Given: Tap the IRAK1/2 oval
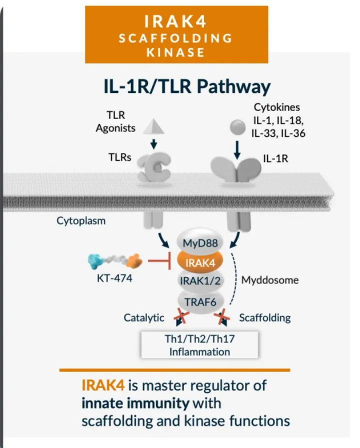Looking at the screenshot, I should tap(199, 280).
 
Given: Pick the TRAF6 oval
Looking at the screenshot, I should tap(199, 300).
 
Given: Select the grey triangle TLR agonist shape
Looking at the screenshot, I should tap(153, 126).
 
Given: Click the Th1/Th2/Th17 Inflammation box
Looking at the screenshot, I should tap(199, 345).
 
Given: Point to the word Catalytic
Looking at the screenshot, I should tap(144, 317).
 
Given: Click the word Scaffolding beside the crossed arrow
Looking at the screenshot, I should tap(264, 317).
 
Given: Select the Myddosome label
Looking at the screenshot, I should tap(270, 279).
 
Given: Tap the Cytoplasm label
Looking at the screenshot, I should tap(81, 220).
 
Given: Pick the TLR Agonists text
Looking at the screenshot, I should tap(115, 121).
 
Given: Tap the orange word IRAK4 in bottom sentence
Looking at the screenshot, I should tap(102, 385).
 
